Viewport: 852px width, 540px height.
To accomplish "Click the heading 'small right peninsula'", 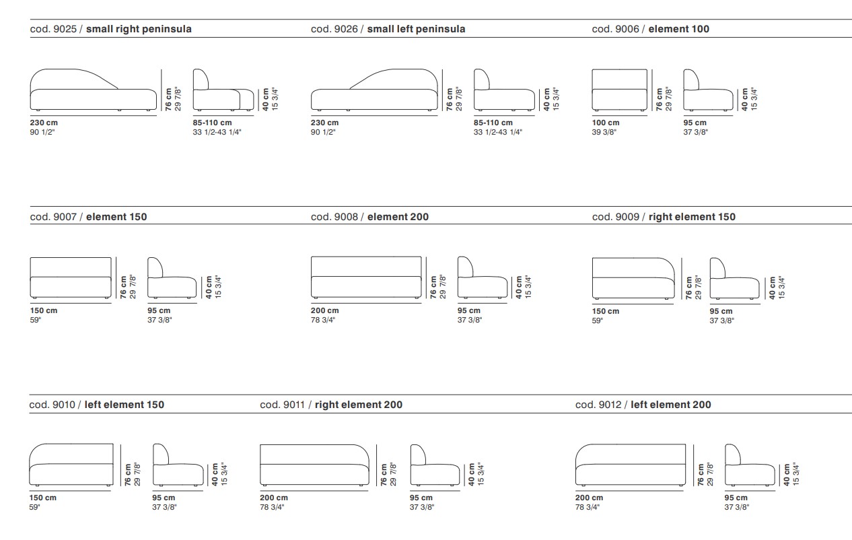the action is (x=139, y=30).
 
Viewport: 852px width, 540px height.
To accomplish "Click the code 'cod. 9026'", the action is (x=334, y=30).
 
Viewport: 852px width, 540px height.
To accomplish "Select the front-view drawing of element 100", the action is (x=620, y=90).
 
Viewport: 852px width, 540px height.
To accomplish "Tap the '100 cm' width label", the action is (x=606, y=123).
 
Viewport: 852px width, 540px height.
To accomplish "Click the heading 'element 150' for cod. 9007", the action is (x=116, y=217).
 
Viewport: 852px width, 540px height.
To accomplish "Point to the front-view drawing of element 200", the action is (x=366, y=277).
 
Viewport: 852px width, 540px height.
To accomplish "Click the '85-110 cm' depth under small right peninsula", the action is (x=212, y=123).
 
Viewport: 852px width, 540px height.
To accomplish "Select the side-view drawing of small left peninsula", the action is (x=504, y=90).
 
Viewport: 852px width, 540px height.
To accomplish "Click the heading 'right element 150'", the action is (x=692, y=217).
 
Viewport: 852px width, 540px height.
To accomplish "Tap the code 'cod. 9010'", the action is (x=52, y=405).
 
